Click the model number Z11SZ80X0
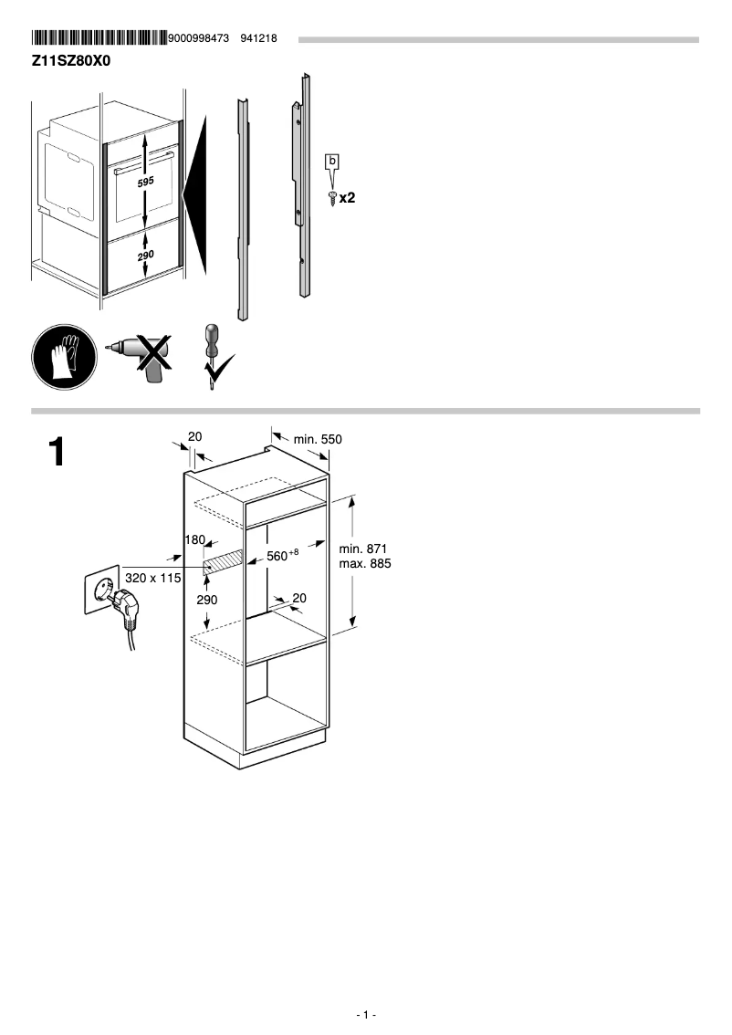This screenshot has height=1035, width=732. (71, 60)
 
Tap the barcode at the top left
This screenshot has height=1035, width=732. (99, 38)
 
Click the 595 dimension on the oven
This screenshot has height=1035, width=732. (146, 183)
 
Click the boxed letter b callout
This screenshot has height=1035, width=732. (333, 162)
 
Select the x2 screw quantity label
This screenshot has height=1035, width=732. (347, 197)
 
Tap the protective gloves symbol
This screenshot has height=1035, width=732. (63, 357)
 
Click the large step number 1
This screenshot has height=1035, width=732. (57, 453)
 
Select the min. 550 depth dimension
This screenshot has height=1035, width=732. (318, 440)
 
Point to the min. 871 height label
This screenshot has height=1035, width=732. (363, 549)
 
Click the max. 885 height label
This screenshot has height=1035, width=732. (363, 564)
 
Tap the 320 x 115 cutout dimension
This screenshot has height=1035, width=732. (153, 578)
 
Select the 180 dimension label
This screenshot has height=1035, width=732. (194, 540)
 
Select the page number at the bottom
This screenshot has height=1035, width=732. (366, 1015)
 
